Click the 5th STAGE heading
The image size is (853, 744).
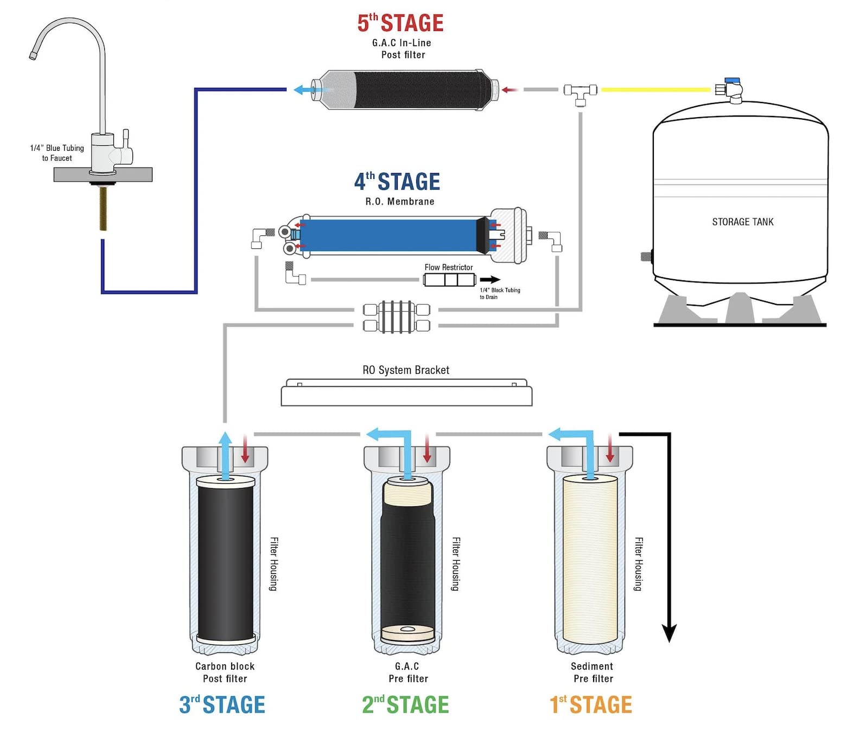pyautogui.click(x=400, y=23)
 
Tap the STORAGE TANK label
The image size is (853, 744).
pyautogui.click(x=742, y=222)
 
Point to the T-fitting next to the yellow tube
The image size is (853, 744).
pyautogui.click(x=580, y=92)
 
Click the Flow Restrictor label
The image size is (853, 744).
pyautogui.click(x=448, y=267)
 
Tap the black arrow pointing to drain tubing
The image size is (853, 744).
pyautogui.click(x=490, y=280)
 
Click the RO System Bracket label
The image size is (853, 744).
pyautogui.click(x=405, y=370)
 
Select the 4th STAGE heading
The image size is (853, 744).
pyautogui.click(x=397, y=182)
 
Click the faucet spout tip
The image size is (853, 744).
pyautogui.click(x=33, y=55)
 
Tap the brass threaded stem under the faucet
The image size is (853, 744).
pyautogui.click(x=103, y=209)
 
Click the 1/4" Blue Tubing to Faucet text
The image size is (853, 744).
pyautogui.click(x=57, y=153)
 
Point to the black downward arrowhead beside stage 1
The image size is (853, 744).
pyautogui.click(x=669, y=633)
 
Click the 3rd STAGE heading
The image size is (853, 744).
pyautogui.click(x=222, y=704)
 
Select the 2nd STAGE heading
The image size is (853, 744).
pyautogui.click(x=405, y=704)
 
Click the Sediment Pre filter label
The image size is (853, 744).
pyautogui.click(x=592, y=672)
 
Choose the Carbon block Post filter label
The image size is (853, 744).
pyautogui.click(x=225, y=672)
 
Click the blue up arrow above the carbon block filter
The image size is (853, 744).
pyautogui.click(x=225, y=450)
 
